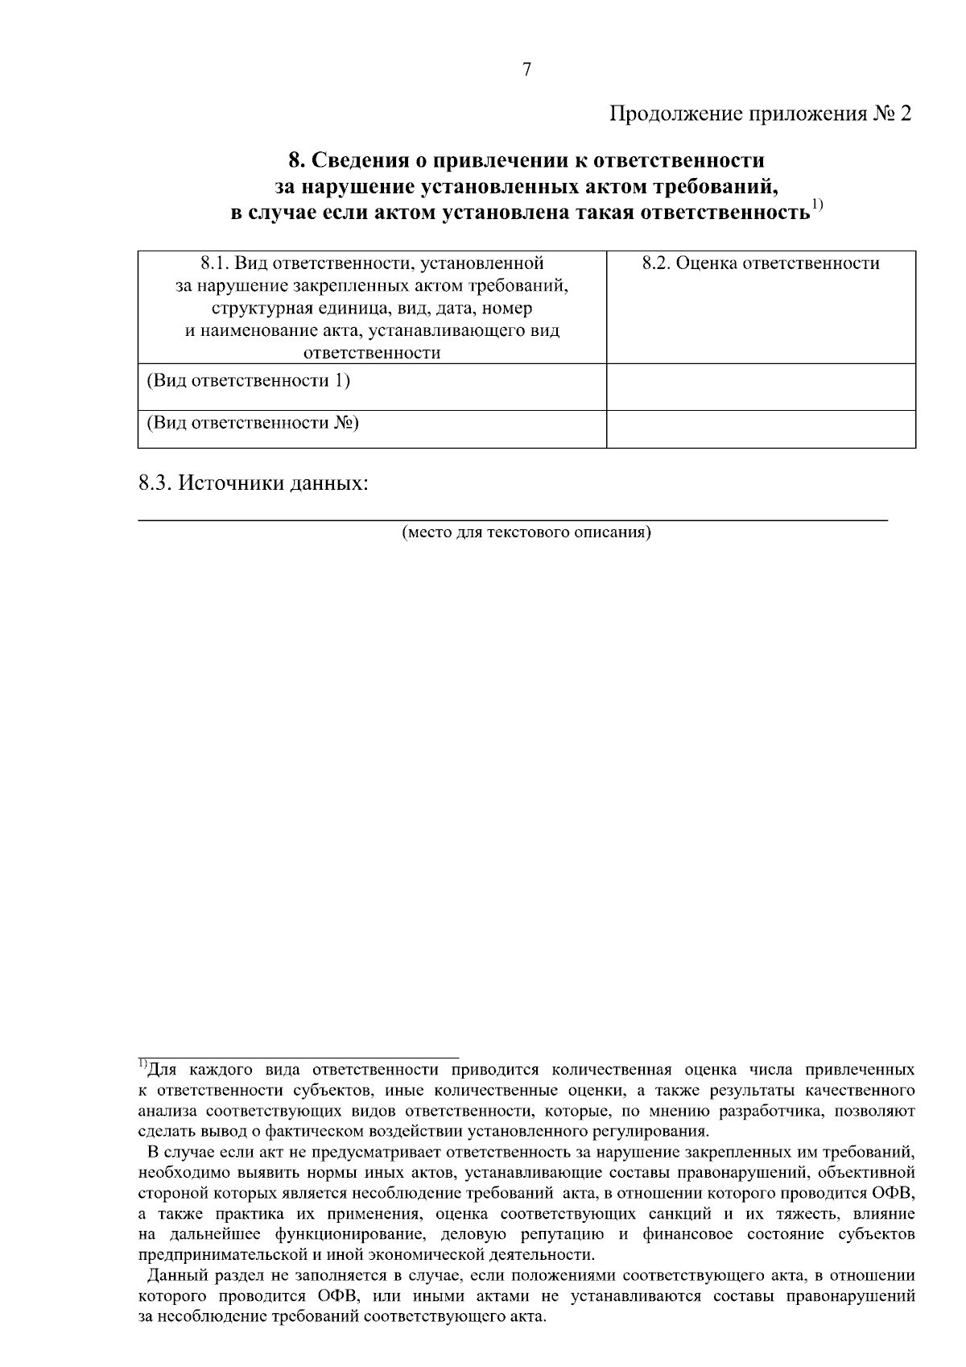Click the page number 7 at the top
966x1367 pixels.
[526, 70]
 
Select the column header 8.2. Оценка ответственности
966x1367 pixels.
[761, 263]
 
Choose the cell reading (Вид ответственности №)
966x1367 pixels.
[252, 423]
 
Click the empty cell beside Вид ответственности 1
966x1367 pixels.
[761, 387]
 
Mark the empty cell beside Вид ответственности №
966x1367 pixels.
[761, 429]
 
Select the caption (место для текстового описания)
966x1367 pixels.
[526, 532]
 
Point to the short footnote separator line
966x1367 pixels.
[298, 1057]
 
